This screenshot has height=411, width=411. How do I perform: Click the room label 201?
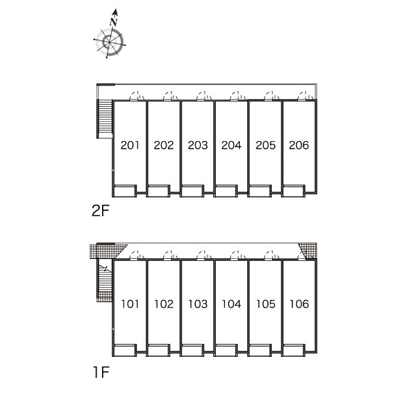[129, 145]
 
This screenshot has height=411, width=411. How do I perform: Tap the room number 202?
[164, 145]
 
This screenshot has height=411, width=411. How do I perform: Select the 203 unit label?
[197, 145]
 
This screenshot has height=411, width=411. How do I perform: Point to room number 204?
[232, 145]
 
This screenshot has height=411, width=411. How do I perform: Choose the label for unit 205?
[265, 145]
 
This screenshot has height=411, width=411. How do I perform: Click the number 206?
[299, 145]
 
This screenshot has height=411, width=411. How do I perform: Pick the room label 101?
[129, 303]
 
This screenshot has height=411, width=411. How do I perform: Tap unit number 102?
[164, 303]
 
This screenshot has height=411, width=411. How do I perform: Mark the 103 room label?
[197, 303]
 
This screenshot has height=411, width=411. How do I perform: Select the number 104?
[232, 303]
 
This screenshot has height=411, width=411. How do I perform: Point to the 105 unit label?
[265, 303]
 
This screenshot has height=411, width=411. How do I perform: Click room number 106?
[299, 303]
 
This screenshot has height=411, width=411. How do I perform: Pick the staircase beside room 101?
[104, 277]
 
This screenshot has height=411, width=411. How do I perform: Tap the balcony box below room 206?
[299, 190]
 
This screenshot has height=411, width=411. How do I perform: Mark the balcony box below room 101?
[125, 351]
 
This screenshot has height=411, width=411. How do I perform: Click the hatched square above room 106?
[310, 251]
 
